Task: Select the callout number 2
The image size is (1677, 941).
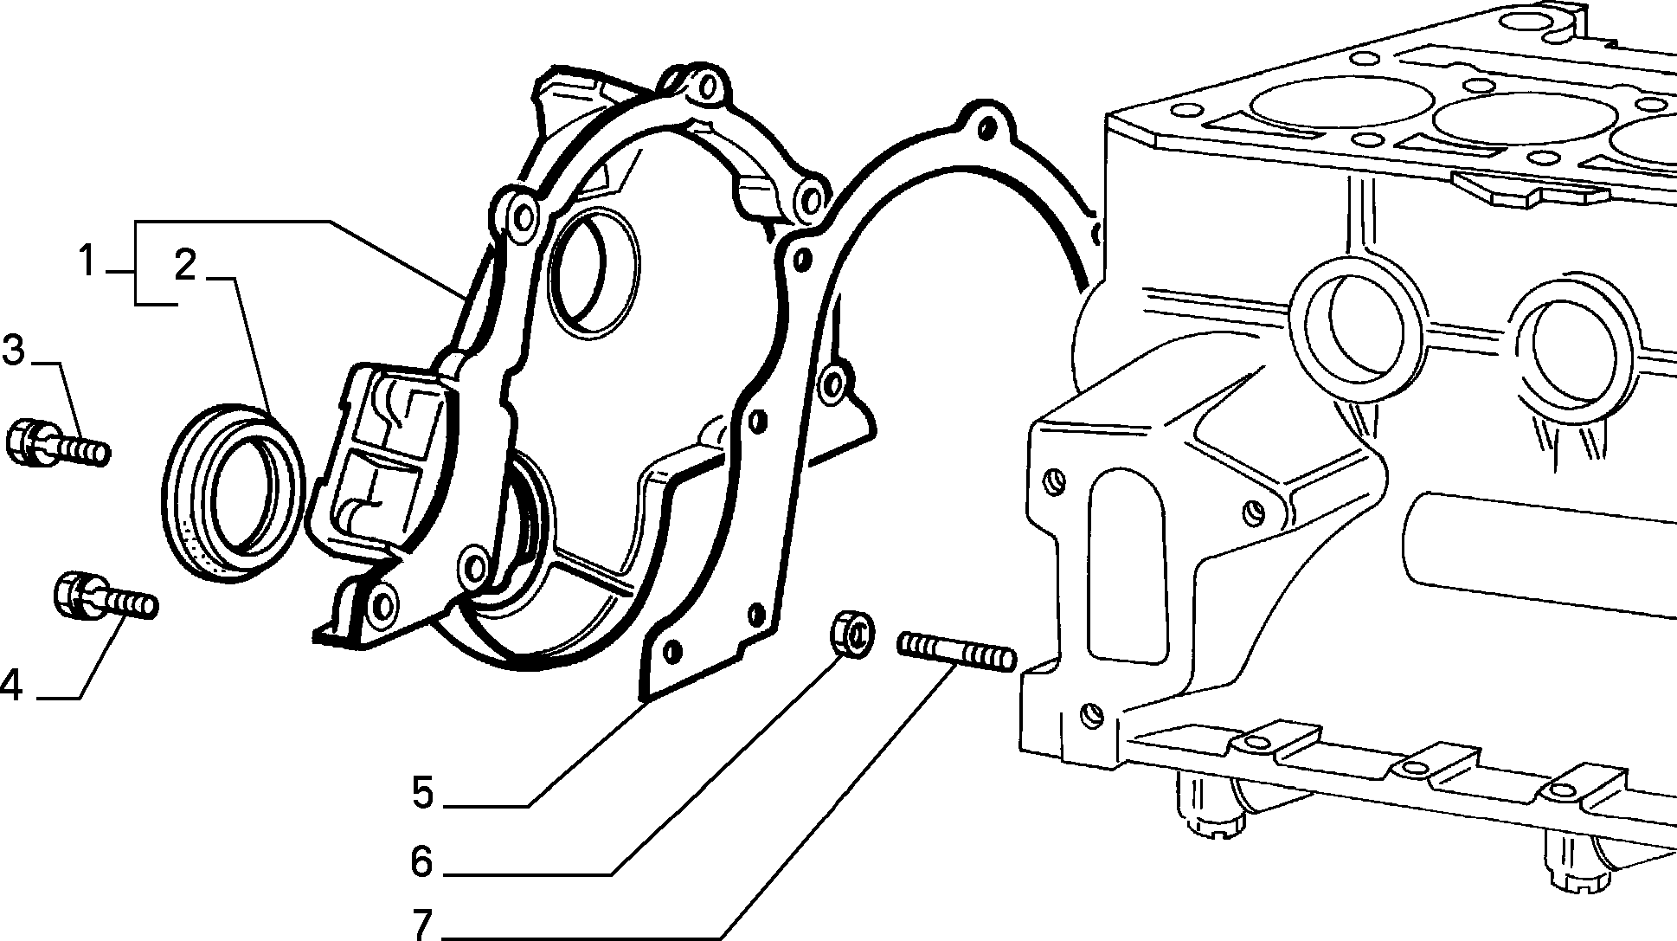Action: point(186,266)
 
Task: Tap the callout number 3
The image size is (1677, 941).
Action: point(14,351)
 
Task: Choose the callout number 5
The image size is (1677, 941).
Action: point(422,792)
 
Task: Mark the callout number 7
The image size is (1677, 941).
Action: point(424,925)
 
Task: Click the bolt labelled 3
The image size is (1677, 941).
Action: point(56,443)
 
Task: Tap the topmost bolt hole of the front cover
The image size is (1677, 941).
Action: point(709,86)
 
